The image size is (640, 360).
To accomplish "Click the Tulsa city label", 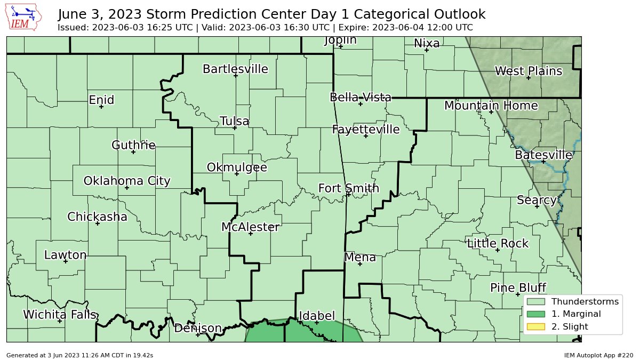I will click(x=234, y=121).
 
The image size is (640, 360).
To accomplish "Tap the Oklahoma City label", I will click(x=127, y=181).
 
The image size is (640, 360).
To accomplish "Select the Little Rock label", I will click(x=497, y=244).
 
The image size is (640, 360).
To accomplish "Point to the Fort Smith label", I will click(x=349, y=188).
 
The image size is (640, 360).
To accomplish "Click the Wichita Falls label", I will click(x=60, y=315).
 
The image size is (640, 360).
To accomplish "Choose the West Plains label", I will click(x=528, y=71).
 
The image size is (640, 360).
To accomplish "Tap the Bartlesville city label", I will click(x=235, y=69).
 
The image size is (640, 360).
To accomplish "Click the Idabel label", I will click(x=316, y=315).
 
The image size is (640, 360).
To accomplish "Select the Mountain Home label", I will click(x=491, y=106).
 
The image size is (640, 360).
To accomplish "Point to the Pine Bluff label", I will click(x=517, y=288).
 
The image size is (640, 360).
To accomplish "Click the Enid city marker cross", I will click(x=101, y=107).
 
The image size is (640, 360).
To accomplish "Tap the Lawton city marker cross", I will click(x=66, y=261).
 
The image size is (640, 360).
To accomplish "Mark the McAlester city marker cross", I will click(x=250, y=234).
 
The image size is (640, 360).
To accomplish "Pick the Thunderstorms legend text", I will click(x=585, y=301).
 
